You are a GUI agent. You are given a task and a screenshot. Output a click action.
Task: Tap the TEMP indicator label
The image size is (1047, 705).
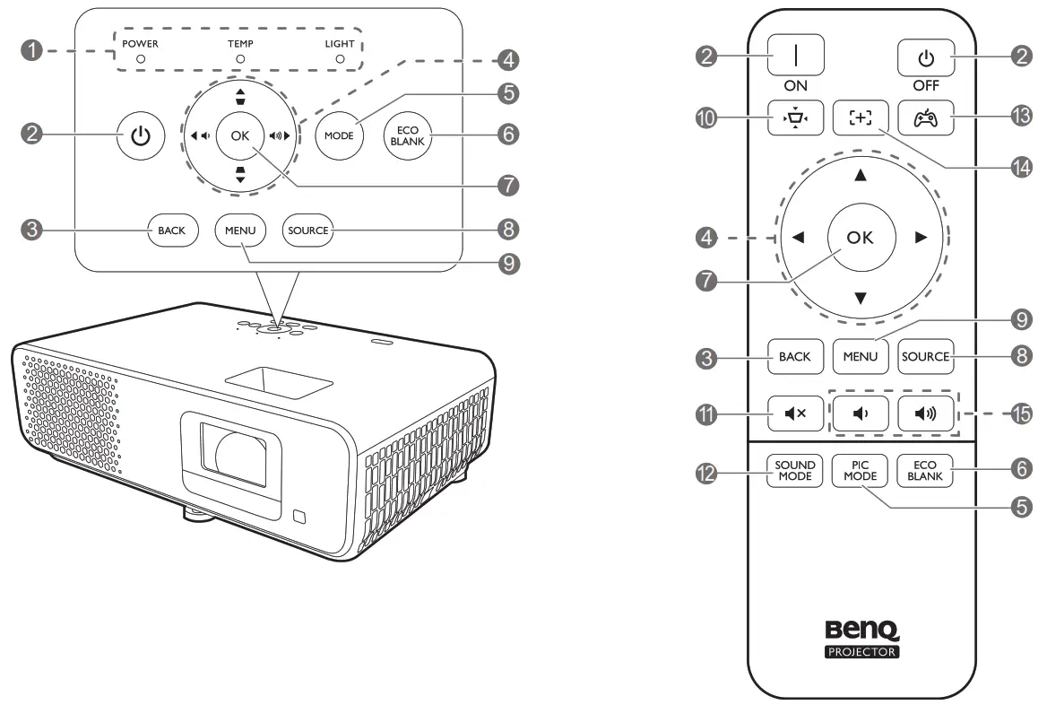click(x=239, y=43)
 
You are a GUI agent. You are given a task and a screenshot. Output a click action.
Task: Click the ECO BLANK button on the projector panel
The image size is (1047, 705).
click(x=406, y=135)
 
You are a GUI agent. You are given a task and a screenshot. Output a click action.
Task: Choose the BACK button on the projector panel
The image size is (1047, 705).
click(x=171, y=231)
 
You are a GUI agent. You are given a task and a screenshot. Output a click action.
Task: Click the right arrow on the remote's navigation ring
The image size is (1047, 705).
click(x=918, y=238)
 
